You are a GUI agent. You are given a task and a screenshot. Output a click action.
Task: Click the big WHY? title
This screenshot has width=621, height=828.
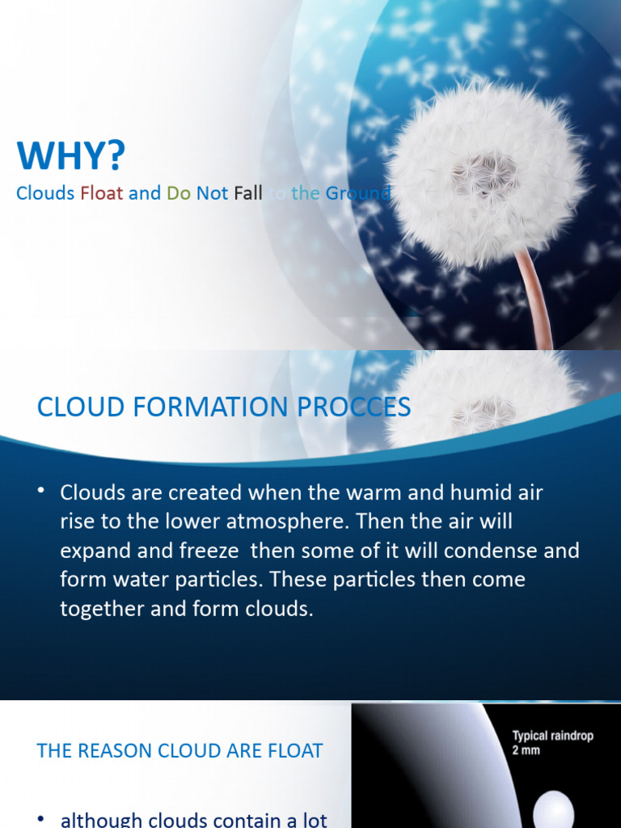72,155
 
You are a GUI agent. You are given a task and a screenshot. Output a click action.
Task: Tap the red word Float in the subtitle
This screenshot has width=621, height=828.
101,193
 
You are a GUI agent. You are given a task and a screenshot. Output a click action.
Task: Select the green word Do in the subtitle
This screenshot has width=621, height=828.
179,193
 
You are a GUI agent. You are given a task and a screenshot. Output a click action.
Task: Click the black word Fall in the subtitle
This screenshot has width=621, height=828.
248,193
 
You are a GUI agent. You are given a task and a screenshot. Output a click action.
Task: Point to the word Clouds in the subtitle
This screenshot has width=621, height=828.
45,193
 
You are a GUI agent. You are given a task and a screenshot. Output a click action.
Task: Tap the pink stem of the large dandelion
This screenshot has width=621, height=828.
536,299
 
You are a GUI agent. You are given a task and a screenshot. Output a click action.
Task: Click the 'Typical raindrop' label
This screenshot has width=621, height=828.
554,736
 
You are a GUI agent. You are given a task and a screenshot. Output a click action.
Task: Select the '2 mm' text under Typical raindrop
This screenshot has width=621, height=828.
526,750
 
